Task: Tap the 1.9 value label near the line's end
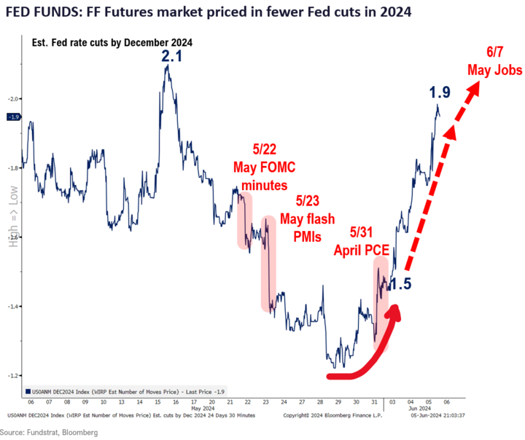coord(439,93)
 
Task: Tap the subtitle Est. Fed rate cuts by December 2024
coord(112,43)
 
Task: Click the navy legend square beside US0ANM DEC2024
coord(26,390)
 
